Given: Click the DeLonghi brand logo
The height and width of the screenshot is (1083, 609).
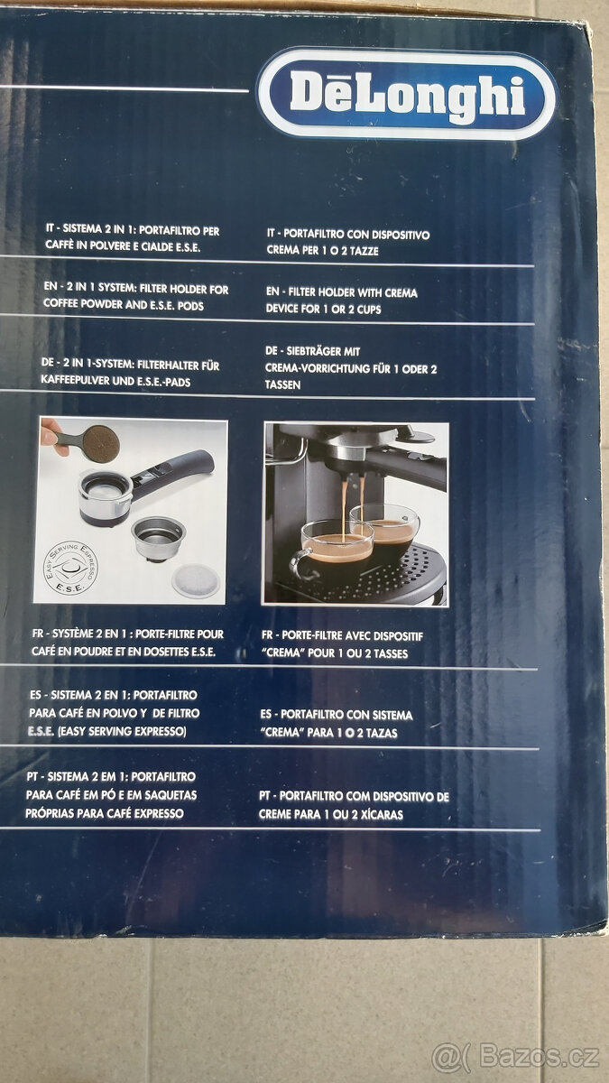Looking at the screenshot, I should [x=406, y=93].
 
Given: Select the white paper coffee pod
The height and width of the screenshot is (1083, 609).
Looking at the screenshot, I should [x=195, y=579].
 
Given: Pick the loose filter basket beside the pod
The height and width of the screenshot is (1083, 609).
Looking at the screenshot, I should [x=159, y=537].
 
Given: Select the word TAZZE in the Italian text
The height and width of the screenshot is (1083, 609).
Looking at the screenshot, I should [x=361, y=251].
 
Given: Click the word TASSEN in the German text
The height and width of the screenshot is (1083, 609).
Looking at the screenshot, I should [x=283, y=384].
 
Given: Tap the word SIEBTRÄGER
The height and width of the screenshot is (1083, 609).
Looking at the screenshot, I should [x=323, y=351].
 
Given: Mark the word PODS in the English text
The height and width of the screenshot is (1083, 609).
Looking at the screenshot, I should [x=188, y=306].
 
